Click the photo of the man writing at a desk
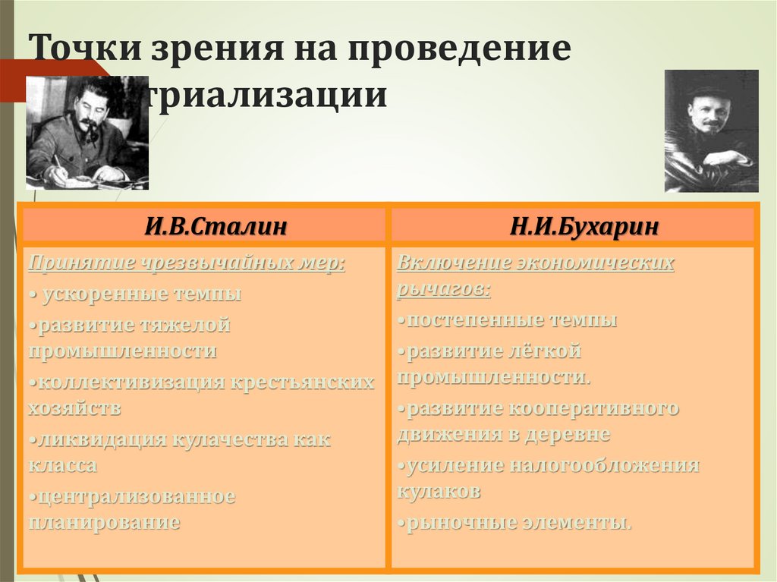(87, 133)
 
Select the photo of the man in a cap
(711, 131)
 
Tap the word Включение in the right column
(452, 263)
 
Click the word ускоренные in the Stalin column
(105, 294)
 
